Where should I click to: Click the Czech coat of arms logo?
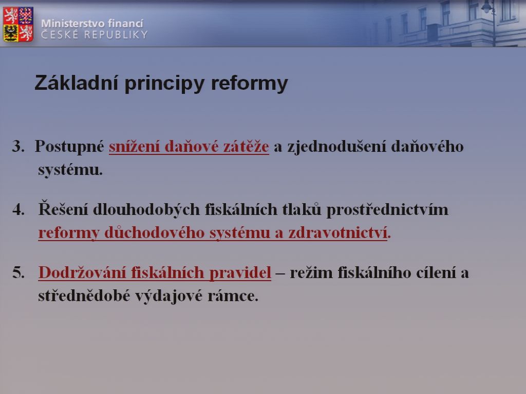tap(18, 24)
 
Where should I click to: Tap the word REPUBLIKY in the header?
tap(116, 34)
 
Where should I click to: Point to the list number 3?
tap(18, 146)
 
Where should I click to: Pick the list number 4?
tap(18, 210)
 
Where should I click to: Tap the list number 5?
tap(18, 273)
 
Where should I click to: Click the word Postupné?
tap(69, 147)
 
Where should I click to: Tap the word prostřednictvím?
tap(387, 210)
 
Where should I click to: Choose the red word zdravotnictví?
tap(338, 233)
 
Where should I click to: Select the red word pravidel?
tap(240, 273)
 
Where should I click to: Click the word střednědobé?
tap(84, 296)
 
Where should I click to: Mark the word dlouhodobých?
tap(146, 210)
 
